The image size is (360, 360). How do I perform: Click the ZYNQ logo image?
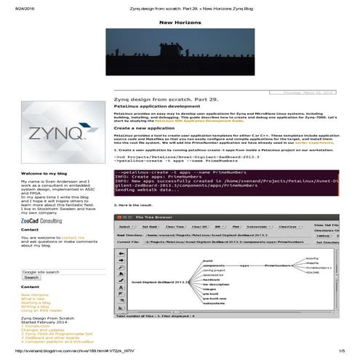52,135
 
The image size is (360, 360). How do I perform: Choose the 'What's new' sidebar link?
34,299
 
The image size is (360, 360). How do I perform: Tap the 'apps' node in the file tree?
244,266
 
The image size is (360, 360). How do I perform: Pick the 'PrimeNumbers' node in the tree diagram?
278,266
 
